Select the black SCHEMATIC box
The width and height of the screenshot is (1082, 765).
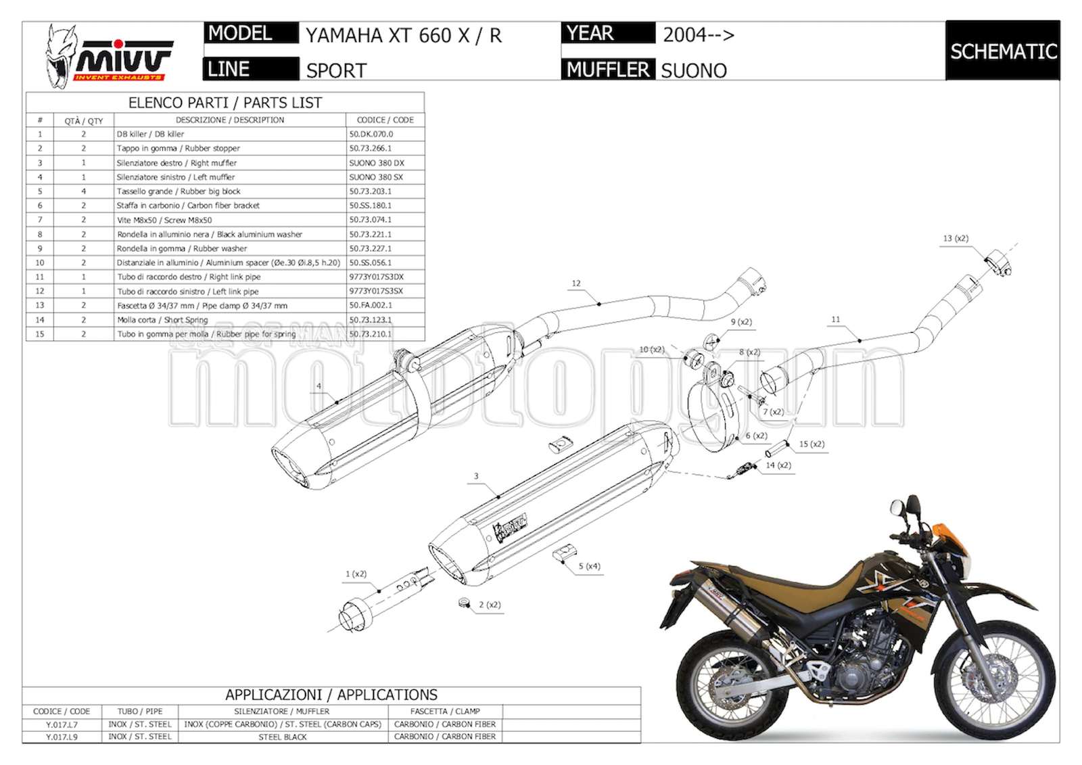1002,51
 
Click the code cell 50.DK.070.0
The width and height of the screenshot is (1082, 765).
371,134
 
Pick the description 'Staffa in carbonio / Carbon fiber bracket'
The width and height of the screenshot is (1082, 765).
188,206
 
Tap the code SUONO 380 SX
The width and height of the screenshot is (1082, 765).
376,177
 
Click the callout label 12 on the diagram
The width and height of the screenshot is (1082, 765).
576,283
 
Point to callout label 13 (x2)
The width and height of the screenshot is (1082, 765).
956,238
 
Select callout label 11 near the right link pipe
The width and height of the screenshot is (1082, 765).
836,319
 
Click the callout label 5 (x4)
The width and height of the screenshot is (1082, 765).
589,566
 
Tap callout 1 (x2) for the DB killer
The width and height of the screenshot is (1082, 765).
356,574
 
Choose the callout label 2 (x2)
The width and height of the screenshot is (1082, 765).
490,605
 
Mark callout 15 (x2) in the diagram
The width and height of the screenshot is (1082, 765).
811,444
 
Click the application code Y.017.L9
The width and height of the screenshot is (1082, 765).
62,737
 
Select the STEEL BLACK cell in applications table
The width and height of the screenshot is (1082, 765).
283,737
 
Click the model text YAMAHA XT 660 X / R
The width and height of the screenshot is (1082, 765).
404,35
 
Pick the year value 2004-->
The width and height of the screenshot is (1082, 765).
698,34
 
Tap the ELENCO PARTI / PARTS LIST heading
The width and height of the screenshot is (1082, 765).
225,103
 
